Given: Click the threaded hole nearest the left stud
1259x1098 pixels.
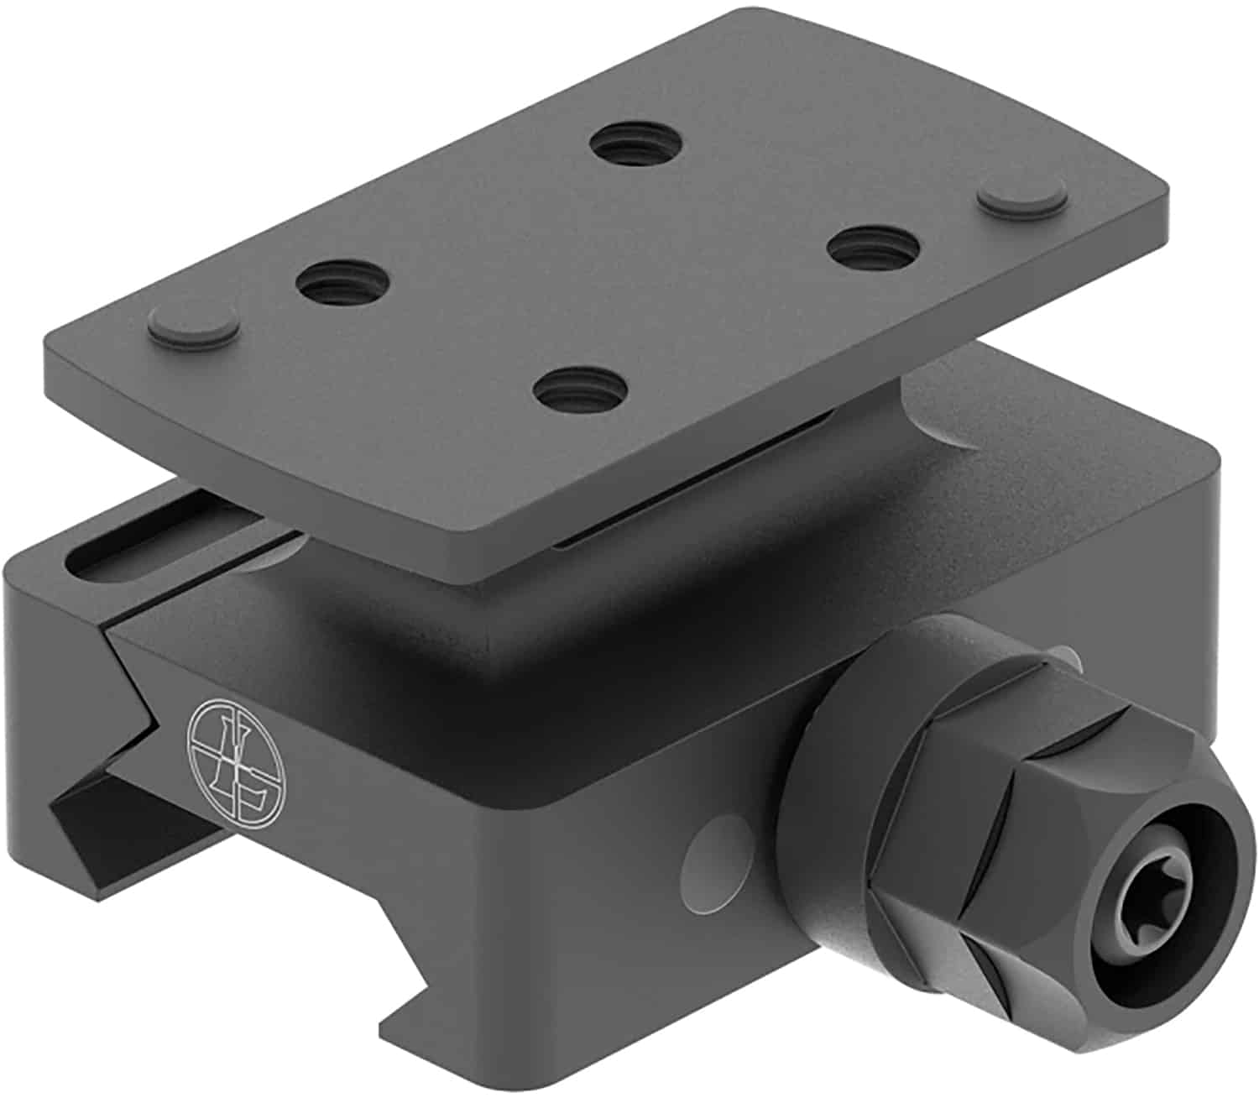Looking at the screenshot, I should [344, 285].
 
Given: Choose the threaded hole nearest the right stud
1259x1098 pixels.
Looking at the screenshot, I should [870, 247].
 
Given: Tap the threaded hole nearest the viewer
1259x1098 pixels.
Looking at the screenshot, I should [579, 390].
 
